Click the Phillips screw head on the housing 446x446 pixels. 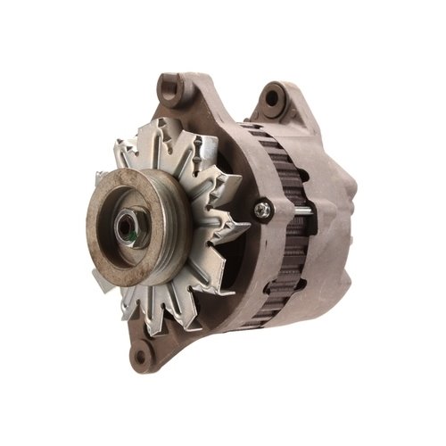263,211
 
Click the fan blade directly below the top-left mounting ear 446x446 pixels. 174,134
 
